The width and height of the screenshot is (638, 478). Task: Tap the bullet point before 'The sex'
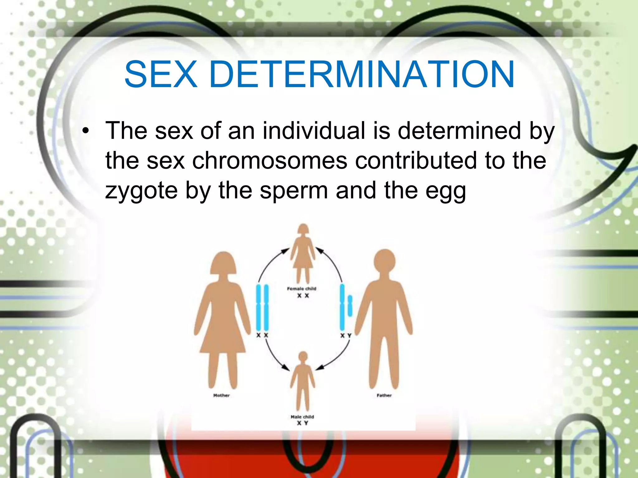[86, 131]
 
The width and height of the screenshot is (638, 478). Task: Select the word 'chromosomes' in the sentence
[269, 161]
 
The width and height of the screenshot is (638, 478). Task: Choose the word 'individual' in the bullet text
[314, 131]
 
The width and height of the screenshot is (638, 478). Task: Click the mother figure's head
[223, 263]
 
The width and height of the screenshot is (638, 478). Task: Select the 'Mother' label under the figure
[221, 395]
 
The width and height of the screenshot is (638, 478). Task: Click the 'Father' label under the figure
[384, 395]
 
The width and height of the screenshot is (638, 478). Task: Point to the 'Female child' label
[302, 288]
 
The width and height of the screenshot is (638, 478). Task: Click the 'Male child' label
[302, 417]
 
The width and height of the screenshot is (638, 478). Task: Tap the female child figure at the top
[303, 252]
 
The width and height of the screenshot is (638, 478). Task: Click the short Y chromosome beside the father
[350, 306]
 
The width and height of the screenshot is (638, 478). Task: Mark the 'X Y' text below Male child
[302, 423]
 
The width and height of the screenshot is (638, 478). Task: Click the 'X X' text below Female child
[303, 296]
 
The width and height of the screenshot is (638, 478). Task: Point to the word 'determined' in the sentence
[459, 131]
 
